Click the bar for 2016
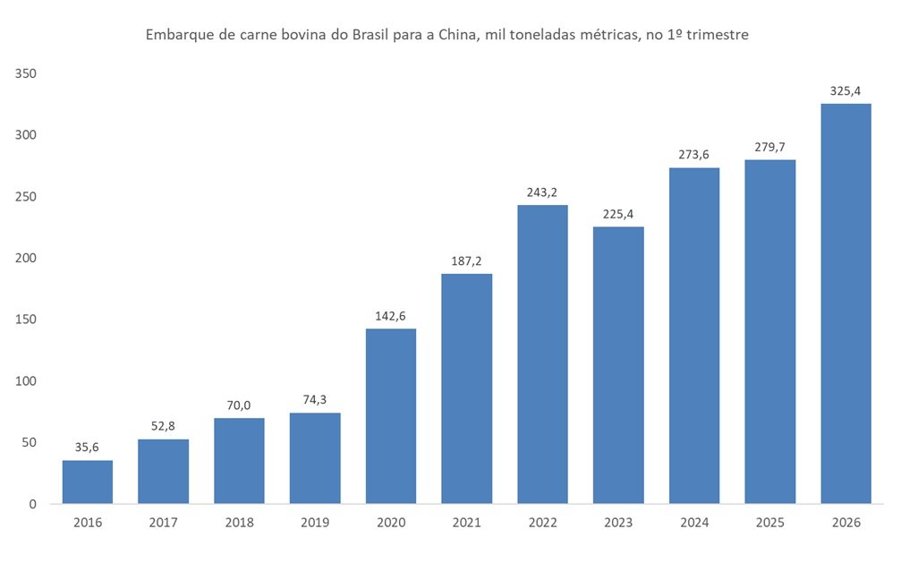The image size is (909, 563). (87, 482)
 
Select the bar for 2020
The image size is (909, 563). (391, 416)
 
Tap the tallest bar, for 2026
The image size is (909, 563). (845, 304)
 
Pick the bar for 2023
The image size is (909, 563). (618, 365)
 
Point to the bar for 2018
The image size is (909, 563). (239, 461)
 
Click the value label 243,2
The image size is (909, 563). (542, 192)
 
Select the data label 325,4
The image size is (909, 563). (845, 90)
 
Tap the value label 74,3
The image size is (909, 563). (315, 400)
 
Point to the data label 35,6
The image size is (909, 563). (88, 448)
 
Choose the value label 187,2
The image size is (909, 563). (466, 261)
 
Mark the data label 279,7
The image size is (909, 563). (769, 147)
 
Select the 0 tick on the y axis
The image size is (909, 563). (31, 504)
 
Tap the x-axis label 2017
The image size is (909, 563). (163, 523)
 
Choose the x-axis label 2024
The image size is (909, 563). (694, 523)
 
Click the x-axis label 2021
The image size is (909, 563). (466, 523)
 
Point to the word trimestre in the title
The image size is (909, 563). (718, 36)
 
